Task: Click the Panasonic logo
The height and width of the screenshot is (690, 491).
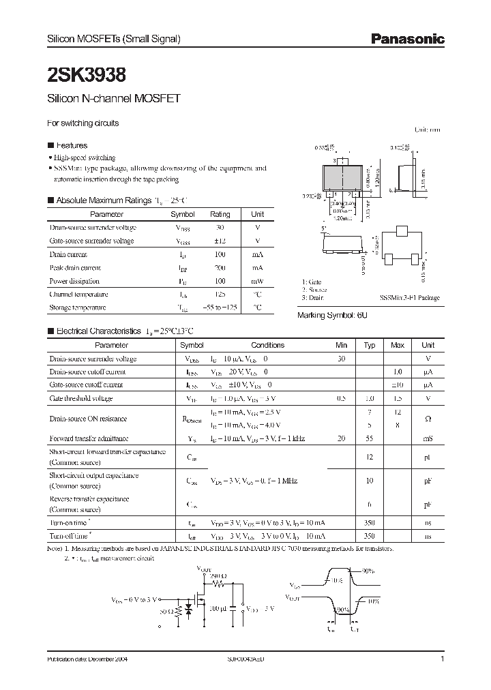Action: (x=407, y=40)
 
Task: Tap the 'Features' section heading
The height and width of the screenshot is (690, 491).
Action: (x=71, y=145)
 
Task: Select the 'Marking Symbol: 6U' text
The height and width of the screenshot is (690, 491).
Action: (x=332, y=316)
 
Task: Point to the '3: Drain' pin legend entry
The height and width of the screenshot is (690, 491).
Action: (x=313, y=298)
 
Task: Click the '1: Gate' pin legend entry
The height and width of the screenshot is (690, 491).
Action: (x=312, y=282)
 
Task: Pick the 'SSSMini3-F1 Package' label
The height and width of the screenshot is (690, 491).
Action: (x=409, y=298)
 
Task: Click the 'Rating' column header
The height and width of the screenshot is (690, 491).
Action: (x=220, y=214)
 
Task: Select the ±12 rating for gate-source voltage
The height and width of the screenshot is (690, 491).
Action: (x=220, y=241)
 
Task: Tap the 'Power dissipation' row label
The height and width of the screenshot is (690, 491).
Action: (x=74, y=281)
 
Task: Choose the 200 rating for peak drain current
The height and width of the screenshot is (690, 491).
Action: (x=220, y=268)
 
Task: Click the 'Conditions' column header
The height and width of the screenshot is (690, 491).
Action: (x=267, y=345)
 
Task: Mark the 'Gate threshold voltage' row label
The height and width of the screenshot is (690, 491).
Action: (x=81, y=398)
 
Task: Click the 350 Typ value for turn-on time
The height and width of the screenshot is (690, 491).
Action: (x=370, y=522)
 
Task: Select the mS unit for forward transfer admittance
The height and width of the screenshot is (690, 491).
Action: (x=428, y=438)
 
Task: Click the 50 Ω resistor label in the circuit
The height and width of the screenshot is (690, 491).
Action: (x=166, y=612)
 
